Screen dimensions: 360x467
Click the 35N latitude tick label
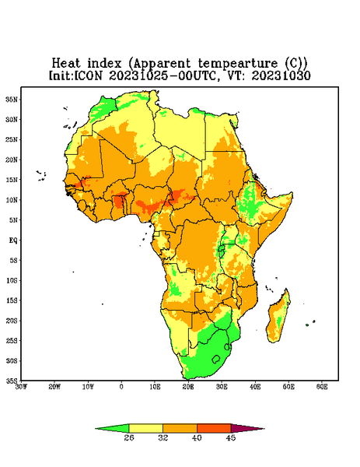pyautogui.click(x=12, y=99)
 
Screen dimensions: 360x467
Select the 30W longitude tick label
pyautogui.click(x=21, y=387)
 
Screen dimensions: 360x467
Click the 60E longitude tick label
pyautogui.click(x=322, y=387)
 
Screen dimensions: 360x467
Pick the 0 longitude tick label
pyautogui.click(x=121, y=387)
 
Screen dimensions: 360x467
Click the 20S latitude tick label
pyautogui.click(x=12, y=321)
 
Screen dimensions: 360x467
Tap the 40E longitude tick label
pyautogui.click(x=255, y=387)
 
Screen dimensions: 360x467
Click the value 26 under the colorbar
pyautogui.click(x=129, y=437)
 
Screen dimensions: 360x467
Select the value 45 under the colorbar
pyautogui.click(x=231, y=437)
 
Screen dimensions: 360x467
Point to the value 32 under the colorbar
pyautogui.click(x=163, y=437)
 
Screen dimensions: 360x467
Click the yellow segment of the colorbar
pyautogui.click(x=145, y=428)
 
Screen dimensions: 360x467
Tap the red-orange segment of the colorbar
pyautogui.click(x=214, y=428)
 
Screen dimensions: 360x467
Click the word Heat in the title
pyautogui.click(x=66, y=63)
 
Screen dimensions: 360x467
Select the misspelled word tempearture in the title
pyautogui.click(x=238, y=64)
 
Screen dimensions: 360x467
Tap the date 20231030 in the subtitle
pyautogui.click(x=281, y=75)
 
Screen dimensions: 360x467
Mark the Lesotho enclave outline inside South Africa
pyautogui.click(x=216, y=359)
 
